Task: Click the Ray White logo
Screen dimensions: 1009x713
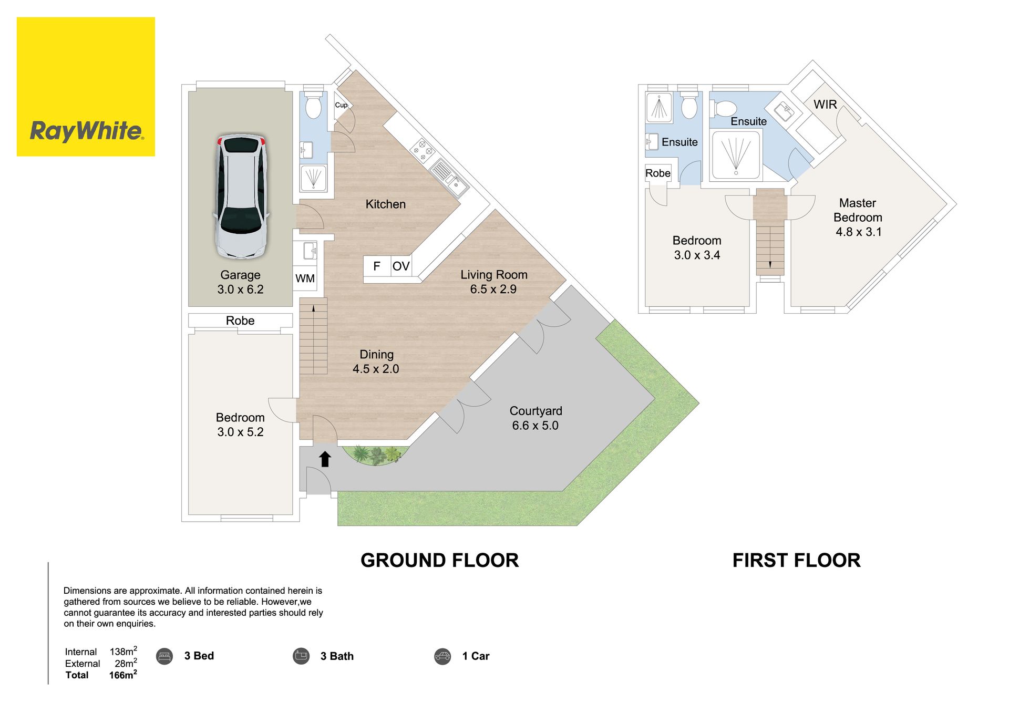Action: tap(86, 87)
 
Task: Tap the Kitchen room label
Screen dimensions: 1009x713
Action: tap(386, 204)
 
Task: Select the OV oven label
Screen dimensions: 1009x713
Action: tap(401, 266)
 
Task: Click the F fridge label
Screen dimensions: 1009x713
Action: tap(377, 266)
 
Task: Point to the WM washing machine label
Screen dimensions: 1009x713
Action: tap(305, 278)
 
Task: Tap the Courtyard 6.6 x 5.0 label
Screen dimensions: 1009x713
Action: tap(536, 418)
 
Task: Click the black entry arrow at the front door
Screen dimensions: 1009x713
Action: tap(325, 459)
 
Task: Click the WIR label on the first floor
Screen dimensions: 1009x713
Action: tap(825, 105)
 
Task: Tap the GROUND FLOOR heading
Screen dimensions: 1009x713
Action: tap(439, 561)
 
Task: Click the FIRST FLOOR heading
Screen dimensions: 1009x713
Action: tap(797, 561)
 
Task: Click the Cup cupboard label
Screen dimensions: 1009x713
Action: tap(341, 105)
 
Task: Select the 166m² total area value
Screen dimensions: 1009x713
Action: tap(123, 675)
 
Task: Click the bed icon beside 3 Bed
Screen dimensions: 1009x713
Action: tap(164, 656)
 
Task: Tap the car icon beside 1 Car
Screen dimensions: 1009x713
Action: tap(442, 656)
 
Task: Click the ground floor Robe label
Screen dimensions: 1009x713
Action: tap(240, 321)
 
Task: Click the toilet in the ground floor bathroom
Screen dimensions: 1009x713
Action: tap(314, 104)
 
